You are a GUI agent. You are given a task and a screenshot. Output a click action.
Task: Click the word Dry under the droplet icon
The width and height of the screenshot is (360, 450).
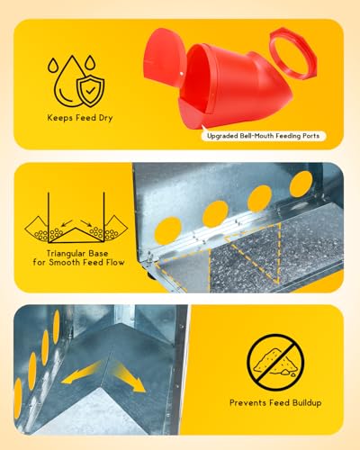pyautogui.click(x=105, y=118)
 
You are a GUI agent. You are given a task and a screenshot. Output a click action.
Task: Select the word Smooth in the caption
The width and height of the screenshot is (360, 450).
pyautogui.click(x=61, y=263)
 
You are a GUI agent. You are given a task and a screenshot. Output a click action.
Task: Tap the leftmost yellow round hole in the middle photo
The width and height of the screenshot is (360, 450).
pyautogui.click(x=167, y=230)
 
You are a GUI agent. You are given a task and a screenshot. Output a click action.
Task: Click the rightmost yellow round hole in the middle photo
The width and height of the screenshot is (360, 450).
pyautogui.click(x=301, y=184)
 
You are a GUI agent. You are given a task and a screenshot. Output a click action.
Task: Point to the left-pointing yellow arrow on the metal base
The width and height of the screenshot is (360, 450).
pyautogui.click(x=81, y=373)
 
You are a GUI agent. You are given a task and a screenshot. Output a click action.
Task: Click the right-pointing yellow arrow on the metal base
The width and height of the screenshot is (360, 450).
pyautogui.click(x=129, y=376)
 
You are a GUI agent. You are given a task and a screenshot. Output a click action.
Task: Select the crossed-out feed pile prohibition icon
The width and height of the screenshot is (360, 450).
pyautogui.click(x=275, y=363)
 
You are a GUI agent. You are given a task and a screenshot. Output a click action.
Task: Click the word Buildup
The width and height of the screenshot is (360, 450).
pyautogui.click(x=307, y=403)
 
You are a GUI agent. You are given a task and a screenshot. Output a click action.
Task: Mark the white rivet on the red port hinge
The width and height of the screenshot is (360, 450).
pyautogui.click(x=181, y=73)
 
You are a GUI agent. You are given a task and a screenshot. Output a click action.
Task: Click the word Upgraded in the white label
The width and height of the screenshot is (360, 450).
pyautogui.click(x=222, y=136)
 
